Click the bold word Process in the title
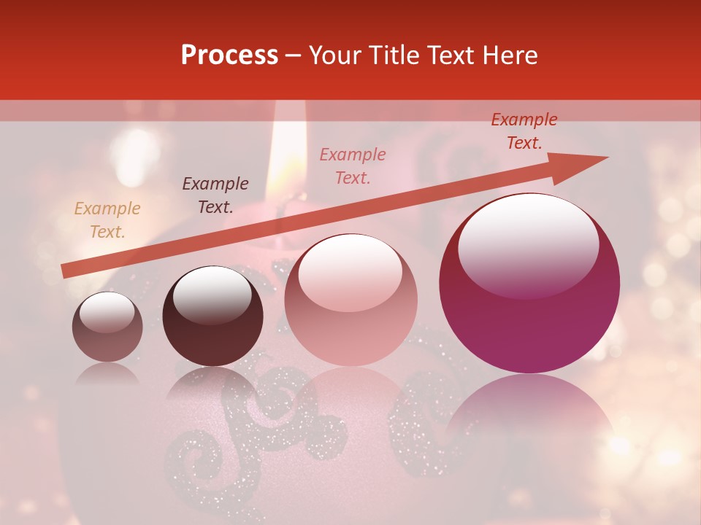click(229, 55)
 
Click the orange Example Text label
click(107, 220)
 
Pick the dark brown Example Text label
click(215, 195)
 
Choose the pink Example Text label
click(353, 166)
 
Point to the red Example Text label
click(524, 131)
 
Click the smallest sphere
click(107, 327)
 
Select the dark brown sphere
click(212, 316)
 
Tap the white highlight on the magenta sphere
click(528, 245)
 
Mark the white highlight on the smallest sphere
click(107, 313)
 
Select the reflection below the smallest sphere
click(107, 373)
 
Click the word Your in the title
click(334, 55)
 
